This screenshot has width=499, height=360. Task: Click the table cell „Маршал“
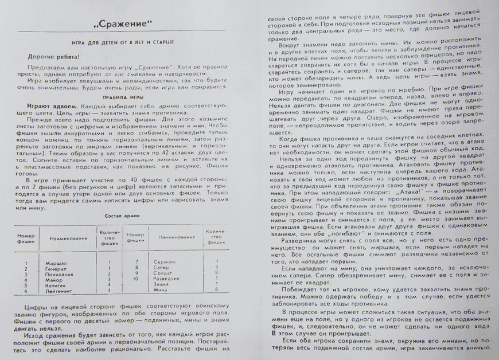[56, 263]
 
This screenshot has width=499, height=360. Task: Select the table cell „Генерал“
[57, 268]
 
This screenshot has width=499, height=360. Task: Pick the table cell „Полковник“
[59, 274]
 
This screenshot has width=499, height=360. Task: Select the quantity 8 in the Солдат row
[215, 273]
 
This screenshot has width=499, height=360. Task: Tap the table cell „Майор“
[54, 279]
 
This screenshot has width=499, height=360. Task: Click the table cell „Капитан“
[56, 285]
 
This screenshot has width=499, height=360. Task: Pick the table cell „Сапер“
[162, 267]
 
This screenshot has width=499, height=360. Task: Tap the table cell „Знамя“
[162, 284]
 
